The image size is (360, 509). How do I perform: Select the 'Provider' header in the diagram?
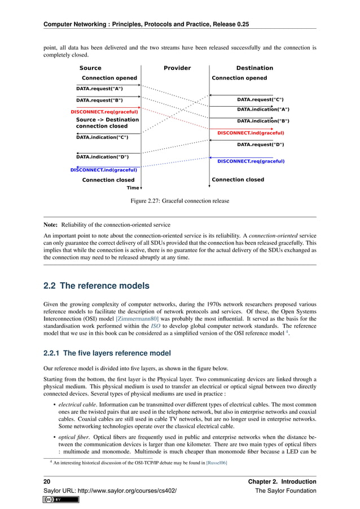(x=177, y=68)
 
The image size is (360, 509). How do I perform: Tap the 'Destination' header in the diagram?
(x=254, y=68)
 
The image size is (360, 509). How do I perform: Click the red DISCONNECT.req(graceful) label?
(x=104, y=112)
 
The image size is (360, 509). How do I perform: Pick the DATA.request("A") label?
(x=99, y=89)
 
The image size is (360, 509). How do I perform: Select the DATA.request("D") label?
(x=260, y=144)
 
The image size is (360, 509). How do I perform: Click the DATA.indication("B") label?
(x=263, y=121)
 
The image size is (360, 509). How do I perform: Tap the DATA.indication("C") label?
(x=102, y=137)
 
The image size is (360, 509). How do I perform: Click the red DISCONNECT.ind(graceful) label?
(x=251, y=133)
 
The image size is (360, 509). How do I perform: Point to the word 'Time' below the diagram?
(x=133, y=188)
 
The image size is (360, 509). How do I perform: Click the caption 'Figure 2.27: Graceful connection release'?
(x=180, y=200)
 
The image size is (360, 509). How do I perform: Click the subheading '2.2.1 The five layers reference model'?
(x=107, y=354)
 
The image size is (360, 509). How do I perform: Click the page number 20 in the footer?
(x=47, y=481)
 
